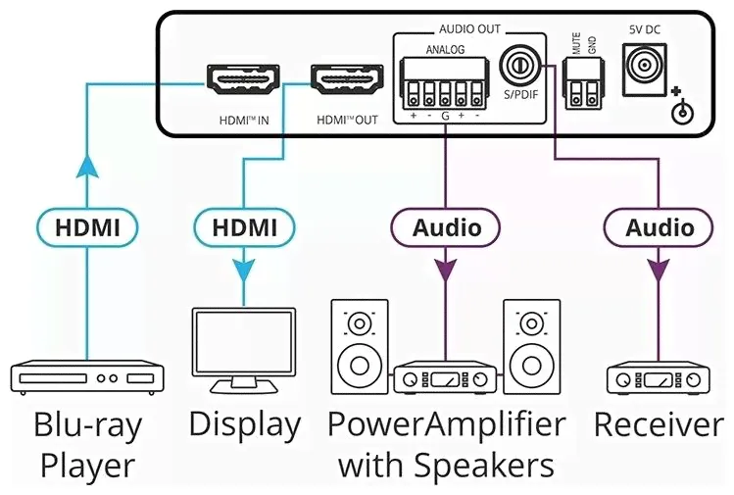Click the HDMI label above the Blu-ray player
coord(87,228)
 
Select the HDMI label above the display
coord(244,228)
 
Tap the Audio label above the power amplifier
coord(447,228)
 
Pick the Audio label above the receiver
coord(660,228)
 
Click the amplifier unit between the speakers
coord(445,378)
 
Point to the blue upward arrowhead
coord(87,168)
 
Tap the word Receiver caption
coord(659,425)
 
